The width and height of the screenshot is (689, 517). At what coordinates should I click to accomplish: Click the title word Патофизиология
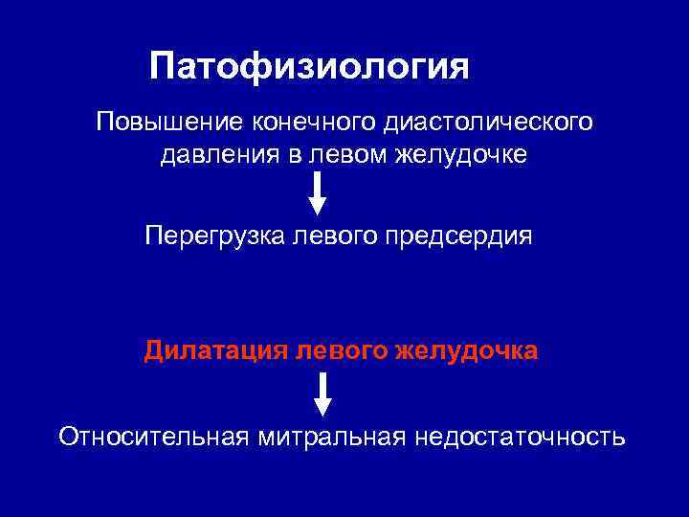click(309, 67)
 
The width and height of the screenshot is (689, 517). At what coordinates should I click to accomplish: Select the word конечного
click(312, 123)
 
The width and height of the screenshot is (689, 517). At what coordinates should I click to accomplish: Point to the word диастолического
click(487, 123)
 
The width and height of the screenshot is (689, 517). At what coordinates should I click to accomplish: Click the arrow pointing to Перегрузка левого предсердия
click(318, 193)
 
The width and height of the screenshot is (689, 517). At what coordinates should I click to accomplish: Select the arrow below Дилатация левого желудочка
click(323, 393)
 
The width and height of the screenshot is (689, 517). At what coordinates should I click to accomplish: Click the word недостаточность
click(520, 437)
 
